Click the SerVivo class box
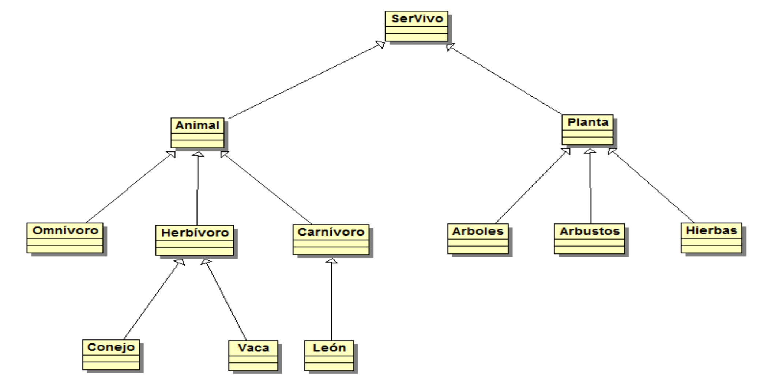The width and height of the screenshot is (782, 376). [417, 26]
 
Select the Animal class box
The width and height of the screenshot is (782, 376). [198, 133]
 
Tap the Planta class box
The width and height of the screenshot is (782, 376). [587, 130]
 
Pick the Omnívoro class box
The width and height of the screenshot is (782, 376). [65, 238]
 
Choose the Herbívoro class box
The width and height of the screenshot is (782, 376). [195, 240]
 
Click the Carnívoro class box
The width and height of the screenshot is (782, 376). [331, 240]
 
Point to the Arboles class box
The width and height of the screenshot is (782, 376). [478, 239]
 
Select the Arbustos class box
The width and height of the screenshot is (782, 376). [590, 239]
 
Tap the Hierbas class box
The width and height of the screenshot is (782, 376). [711, 238]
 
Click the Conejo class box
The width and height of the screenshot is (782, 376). [111, 355]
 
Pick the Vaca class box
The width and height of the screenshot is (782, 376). [253, 356]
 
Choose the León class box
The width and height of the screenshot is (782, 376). [329, 356]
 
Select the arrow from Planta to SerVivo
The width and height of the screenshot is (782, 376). [504, 79]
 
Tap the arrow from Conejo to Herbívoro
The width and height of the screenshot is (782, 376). [154, 299]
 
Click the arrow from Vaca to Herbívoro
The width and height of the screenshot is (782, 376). [224, 299]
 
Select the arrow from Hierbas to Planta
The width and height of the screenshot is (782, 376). [651, 185]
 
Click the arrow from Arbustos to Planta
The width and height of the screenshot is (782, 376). [590, 186]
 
